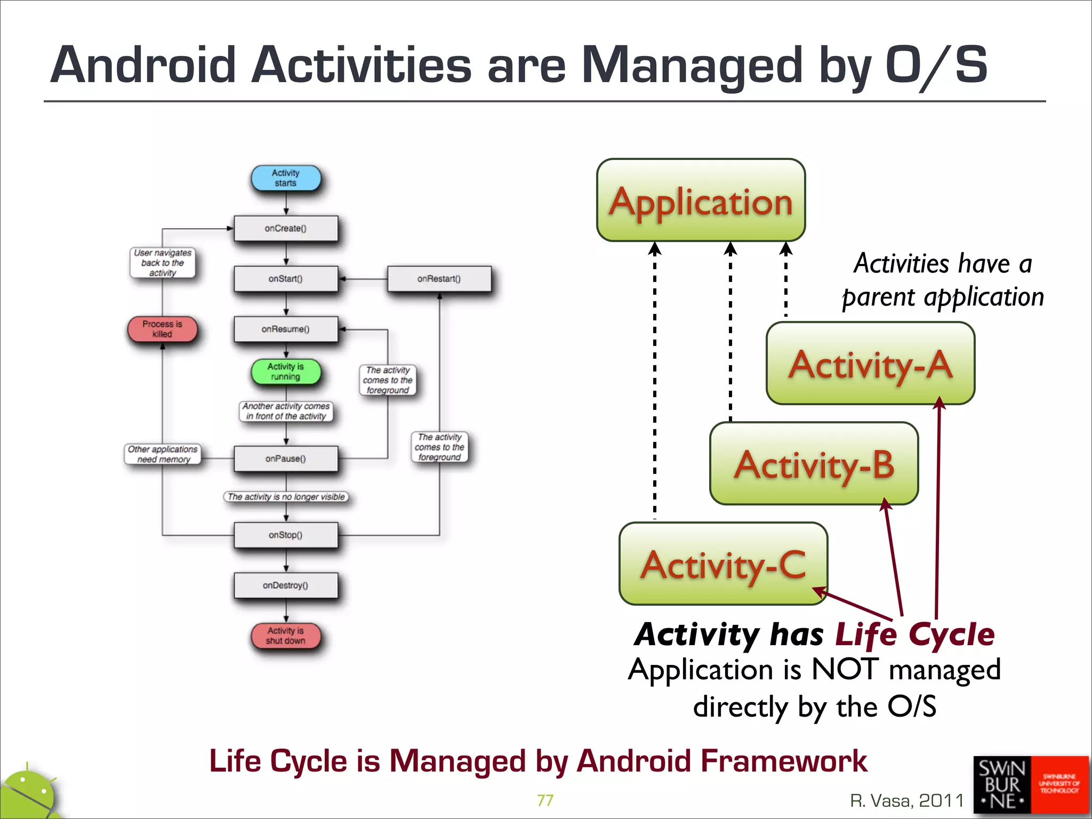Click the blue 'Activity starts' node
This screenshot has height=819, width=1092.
286,178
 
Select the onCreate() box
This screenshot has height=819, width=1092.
286,228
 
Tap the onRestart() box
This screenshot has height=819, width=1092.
439,278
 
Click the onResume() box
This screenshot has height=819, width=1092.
286,329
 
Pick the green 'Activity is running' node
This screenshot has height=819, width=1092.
286,372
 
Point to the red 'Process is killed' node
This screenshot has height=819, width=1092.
162,329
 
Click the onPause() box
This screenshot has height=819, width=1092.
286,459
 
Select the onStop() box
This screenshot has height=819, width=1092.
286,535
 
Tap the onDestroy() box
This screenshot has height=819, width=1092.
286,585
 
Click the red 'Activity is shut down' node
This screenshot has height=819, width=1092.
286,636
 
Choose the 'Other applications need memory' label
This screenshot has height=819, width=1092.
163,454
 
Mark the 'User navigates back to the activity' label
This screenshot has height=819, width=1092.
163,262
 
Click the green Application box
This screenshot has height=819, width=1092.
701,200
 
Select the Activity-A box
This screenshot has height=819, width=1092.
870,364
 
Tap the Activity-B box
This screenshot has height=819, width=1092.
814,464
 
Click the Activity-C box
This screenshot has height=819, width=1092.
723,564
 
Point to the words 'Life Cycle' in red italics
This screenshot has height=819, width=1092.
914,635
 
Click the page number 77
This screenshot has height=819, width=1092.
545,800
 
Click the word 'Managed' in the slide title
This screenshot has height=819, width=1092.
692,65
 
